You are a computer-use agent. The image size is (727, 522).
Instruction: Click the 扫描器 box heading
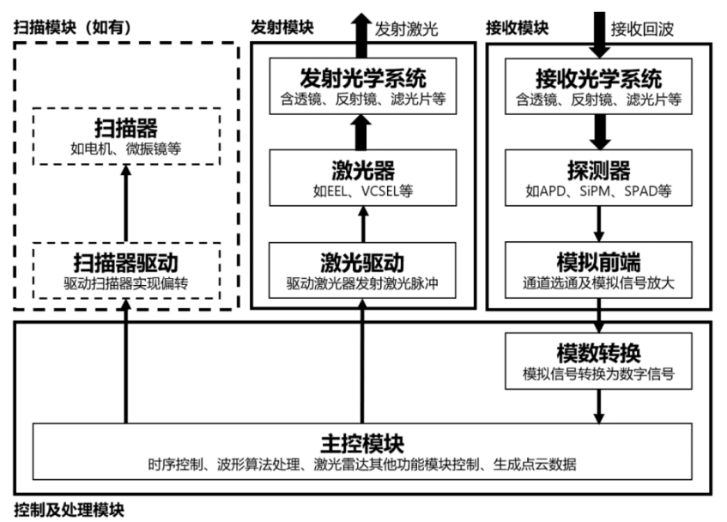(126, 129)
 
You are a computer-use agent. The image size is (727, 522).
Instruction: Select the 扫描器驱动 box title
(126, 262)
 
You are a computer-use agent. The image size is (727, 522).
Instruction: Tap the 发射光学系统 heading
(361, 79)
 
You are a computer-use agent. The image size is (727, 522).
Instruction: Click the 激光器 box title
(361, 168)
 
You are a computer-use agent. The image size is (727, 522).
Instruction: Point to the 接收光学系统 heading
(599, 79)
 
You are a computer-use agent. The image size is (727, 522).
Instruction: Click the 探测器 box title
(599, 168)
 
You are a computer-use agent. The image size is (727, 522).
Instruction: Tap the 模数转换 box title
(599, 352)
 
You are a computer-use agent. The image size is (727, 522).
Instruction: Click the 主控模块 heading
(361, 445)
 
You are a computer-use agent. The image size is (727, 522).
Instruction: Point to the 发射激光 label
(406, 28)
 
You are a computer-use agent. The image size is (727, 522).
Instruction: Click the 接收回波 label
(642, 28)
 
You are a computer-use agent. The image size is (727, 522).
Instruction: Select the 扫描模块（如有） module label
(71, 27)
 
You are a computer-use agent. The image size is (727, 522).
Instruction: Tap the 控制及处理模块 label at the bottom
(69, 510)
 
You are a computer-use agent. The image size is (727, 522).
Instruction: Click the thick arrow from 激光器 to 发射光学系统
(361, 131)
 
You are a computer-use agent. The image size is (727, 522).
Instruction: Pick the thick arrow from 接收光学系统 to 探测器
(599, 131)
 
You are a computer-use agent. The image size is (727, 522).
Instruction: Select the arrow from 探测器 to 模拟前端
(599, 223)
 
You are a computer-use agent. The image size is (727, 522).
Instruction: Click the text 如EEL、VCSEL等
(361, 191)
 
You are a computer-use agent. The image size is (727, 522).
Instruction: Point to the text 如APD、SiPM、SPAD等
(599, 191)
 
